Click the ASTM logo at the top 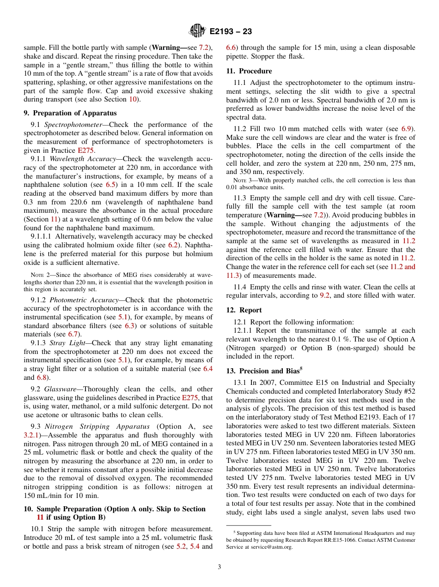pyautogui.click(x=197, y=31)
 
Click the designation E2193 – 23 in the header pyautogui.click(x=231, y=32)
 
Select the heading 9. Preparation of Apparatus pyautogui.click(x=70, y=113)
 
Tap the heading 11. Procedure pyautogui.click(x=249, y=71)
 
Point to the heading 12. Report pyautogui.click(x=244, y=310)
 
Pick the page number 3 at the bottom pyautogui.click(x=219, y=567)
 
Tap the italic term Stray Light pyautogui.click(x=66, y=342)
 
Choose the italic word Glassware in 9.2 pyautogui.click(x=61, y=389)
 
